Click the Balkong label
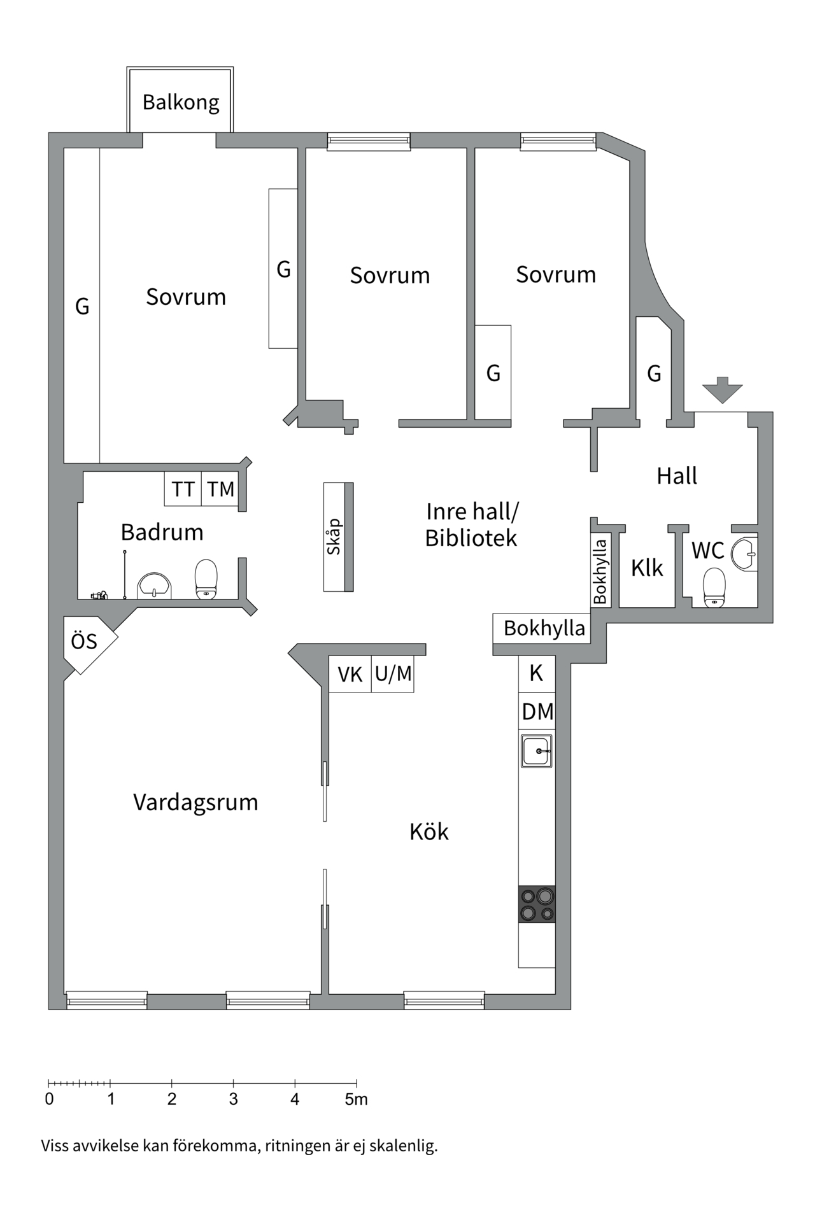180,102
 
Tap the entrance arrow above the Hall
722,390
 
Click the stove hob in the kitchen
537,904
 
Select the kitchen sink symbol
537,751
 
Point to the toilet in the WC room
714,587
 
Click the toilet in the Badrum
206,579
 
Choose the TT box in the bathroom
183,489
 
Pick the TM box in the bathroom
220,489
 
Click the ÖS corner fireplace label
84,642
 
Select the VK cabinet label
350,674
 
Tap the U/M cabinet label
393,673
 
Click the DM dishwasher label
537,712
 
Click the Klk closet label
647,568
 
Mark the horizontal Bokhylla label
544,628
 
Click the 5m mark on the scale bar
356,1099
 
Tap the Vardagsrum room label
195,802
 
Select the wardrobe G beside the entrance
654,373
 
